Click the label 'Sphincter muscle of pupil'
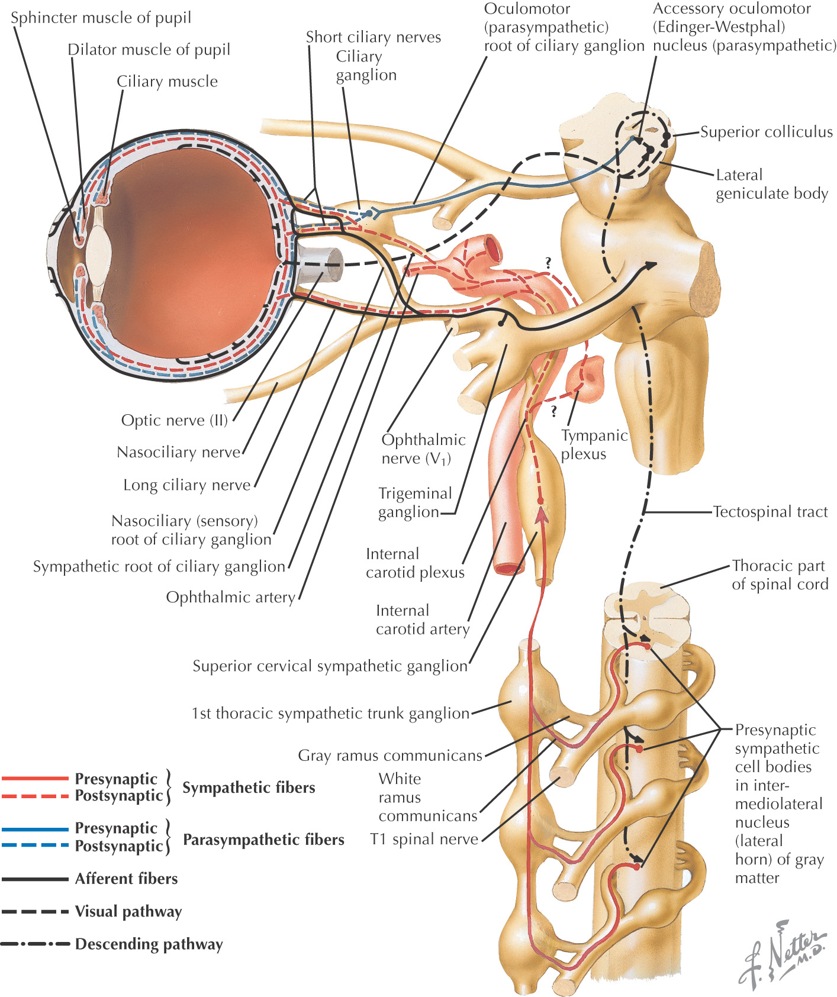[101, 18]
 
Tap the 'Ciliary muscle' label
[167, 81]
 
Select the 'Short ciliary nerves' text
[373, 37]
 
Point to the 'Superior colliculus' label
[766, 131]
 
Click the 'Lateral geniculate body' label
[771, 184]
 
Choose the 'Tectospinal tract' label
[770, 511]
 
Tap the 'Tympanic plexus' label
[593, 444]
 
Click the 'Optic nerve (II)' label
[174, 420]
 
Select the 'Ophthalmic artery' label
[230, 597]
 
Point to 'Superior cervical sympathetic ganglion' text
[330, 666]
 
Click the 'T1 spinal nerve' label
[424, 839]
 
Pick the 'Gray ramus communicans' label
[390, 755]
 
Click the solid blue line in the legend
[36, 829]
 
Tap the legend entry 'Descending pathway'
[149, 944]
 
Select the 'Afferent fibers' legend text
[126, 879]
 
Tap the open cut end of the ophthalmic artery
[491, 247]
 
